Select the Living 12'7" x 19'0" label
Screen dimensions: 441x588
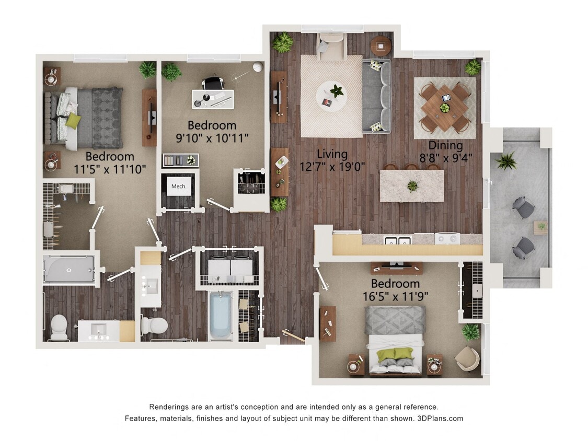pyautogui.click(x=332, y=160)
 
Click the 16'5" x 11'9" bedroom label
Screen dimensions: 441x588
pyautogui.click(x=395, y=290)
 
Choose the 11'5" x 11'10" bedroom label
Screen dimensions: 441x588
pyautogui.click(x=110, y=163)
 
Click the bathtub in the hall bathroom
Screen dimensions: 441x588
pyautogui.click(x=220, y=315)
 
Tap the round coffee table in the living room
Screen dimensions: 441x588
pyautogui.click(x=331, y=96)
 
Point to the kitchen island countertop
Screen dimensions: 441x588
pyautogui.click(x=411, y=185)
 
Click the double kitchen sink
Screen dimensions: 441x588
pyautogui.click(x=397, y=240)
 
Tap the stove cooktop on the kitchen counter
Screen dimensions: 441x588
pyautogui.click(x=447, y=239)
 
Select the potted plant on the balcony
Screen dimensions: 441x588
pyautogui.click(x=505, y=161)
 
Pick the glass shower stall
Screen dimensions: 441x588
pyautogui.click(x=68, y=269)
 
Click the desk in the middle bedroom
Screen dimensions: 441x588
pyautogui.click(x=212, y=98)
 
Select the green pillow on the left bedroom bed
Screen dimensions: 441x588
pyautogui.click(x=73, y=121)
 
